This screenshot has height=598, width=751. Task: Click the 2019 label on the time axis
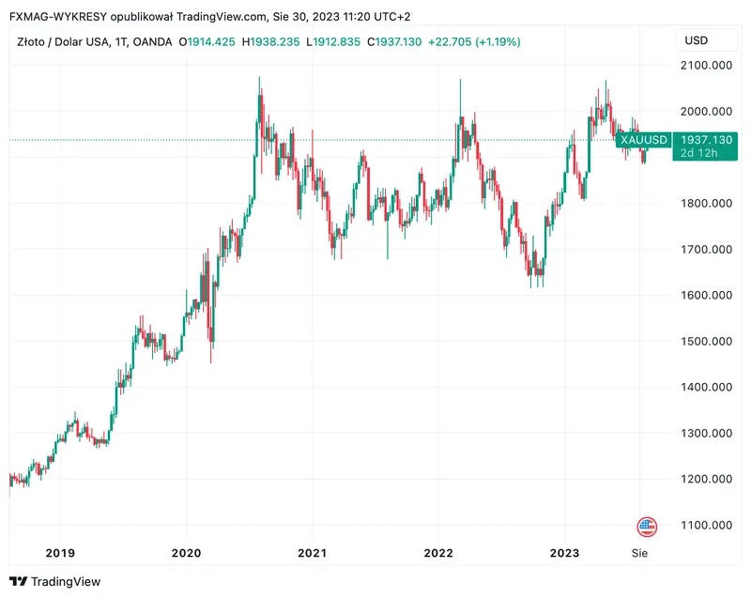(59, 553)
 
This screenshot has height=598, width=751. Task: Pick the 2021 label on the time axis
(312, 553)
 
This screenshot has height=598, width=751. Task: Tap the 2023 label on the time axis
(564, 553)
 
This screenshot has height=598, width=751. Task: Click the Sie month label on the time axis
(639, 553)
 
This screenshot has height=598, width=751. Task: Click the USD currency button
(697, 40)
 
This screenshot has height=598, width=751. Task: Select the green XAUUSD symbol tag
(644, 140)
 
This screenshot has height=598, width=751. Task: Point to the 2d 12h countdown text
(700, 153)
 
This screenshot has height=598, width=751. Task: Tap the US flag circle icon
(647, 527)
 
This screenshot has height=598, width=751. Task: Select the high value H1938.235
(272, 41)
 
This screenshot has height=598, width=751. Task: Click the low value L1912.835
(334, 41)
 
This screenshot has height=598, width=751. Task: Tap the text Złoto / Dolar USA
(57, 41)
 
